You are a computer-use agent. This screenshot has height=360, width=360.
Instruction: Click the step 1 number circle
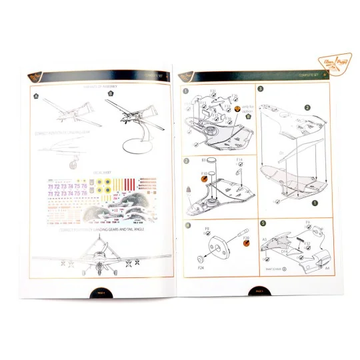[186, 90]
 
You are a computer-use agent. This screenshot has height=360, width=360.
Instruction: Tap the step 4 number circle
[186, 225]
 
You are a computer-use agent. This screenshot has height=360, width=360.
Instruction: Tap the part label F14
[238, 161]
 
